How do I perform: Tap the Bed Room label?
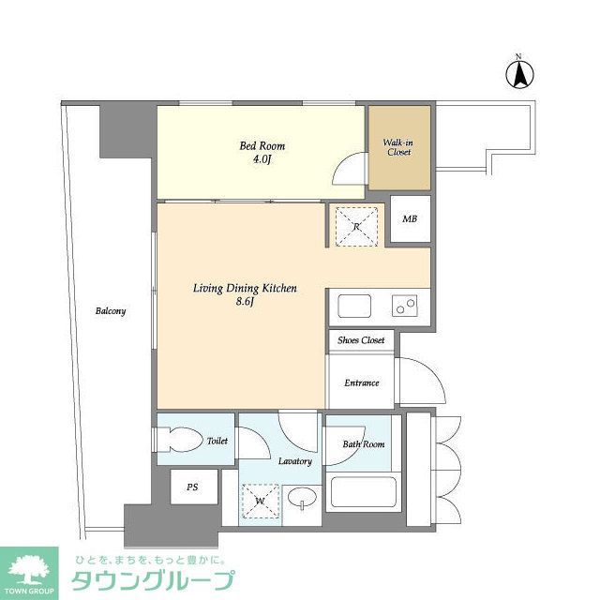pyautogui.click(x=262, y=146)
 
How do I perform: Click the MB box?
pyautogui.click(x=410, y=219)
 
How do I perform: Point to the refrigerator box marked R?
pyautogui.click(x=356, y=225)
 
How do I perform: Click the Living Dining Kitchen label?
pyautogui.click(x=245, y=289)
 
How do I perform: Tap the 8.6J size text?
pyautogui.click(x=246, y=303)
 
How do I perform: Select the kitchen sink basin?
pyautogui.click(x=355, y=307)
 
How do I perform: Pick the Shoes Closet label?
pyautogui.click(x=361, y=340)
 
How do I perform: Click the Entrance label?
pyautogui.click(x=361, y=382)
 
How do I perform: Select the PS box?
pyautogui.click(x=192, y=487)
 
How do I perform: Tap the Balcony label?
pyautogui.click(x=111, y=311)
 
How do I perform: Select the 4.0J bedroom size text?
pyautogui.click(x=262, y=161)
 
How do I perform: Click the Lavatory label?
pyautogui.click(x=294, y=461)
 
